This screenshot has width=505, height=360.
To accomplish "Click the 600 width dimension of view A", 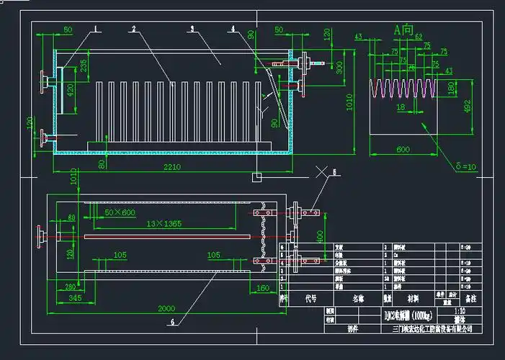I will pos(403,149).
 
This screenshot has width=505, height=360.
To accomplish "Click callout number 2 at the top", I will pos(134,28).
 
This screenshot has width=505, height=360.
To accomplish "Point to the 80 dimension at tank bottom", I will pos(103,164).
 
